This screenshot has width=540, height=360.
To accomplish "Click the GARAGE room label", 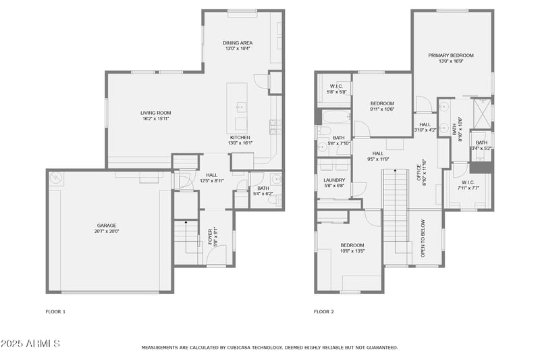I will pyautogui.click(x=105, y=225).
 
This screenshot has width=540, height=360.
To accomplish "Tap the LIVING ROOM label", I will pyautogui.click(x=155, y=113).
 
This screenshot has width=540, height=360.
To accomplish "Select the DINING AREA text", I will pyautogui.click(x=238, y=43).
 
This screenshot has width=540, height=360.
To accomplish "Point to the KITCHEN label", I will pyautogui.click(x=241, y=137).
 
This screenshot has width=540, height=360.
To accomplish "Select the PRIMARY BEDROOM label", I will pyautogui.click(x=450, y=55).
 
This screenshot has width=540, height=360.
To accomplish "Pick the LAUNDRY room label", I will pyautogui.click(x=334, y=180).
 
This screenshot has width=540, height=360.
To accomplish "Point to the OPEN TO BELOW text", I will pyautogui.click(x=423, y=238).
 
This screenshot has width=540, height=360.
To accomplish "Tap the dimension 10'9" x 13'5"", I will pyautogui.click(x=352, y=251).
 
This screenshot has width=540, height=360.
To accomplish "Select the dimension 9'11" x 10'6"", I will pyautogui.click(x=381, y=109).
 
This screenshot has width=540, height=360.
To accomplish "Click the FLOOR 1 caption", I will pyautogui.click(x=55, y=311).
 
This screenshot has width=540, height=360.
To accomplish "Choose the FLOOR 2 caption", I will pyautogui.click(x=323, y=311).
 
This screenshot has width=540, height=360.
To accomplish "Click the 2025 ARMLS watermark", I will pyautogui.click(x=30, y=344).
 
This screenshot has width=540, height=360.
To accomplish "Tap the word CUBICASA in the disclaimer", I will pyautogui.click(x=243, y=347).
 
